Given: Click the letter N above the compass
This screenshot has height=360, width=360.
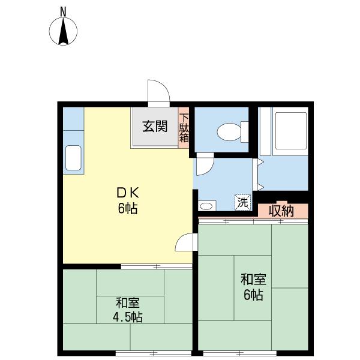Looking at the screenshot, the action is pyautogui.click(x=63, y=12).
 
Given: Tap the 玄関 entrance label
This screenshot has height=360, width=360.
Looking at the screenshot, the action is pyautogui.click(x=155, y=127).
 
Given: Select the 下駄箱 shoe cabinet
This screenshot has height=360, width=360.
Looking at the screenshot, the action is pyautogui.click(x=184, y=128).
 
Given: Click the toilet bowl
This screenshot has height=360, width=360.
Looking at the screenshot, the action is pyautogui.click(x=232, y=132).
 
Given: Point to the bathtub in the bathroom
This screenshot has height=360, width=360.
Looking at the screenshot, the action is pyautogui.click(x=291, y=131).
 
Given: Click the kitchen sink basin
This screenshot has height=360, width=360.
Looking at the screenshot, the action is pyautogui.click(x=73, y=158).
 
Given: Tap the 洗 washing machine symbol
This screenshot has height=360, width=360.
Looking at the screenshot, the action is pyautogui.click(x=242, y=202).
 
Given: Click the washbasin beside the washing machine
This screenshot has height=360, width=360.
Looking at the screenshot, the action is pyautogui.click(x=206, y=206).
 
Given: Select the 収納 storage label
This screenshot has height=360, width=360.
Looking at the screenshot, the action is pyautogui.click(x=281, y=211).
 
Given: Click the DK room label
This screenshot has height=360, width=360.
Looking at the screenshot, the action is pyautogui.click(x=128, y=193).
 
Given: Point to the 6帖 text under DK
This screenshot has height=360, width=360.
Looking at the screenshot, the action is pyautogui.click(x=128, y=209).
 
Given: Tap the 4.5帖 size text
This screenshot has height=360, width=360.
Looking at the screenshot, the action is pyautogui.click(x=128, y=317).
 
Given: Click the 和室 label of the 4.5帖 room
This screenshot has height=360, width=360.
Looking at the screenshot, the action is pyautogui.click(x=128, y=302).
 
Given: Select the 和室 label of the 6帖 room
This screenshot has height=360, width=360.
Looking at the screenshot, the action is pyautogui.click(x=253, y=280).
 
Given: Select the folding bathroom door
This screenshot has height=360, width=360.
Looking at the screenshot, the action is pyautogui.click(x=258, y=175).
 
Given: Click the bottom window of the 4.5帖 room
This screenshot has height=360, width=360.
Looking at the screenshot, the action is pyautogui.click(x=154, y=353).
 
